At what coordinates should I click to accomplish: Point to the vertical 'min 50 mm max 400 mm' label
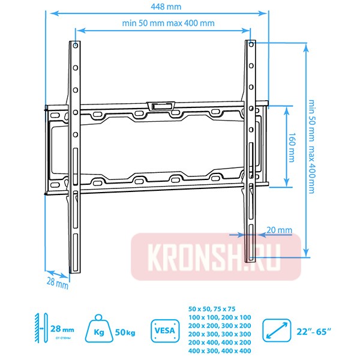(310, 145)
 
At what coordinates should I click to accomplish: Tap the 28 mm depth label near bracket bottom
(58, 282)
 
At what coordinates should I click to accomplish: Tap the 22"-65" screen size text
(315, 330)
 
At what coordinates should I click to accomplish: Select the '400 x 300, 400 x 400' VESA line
(220, 350)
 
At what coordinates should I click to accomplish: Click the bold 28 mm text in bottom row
(62, 329)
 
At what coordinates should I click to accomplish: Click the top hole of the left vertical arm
(74, 46)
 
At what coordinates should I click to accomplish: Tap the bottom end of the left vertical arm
(75, 270)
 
